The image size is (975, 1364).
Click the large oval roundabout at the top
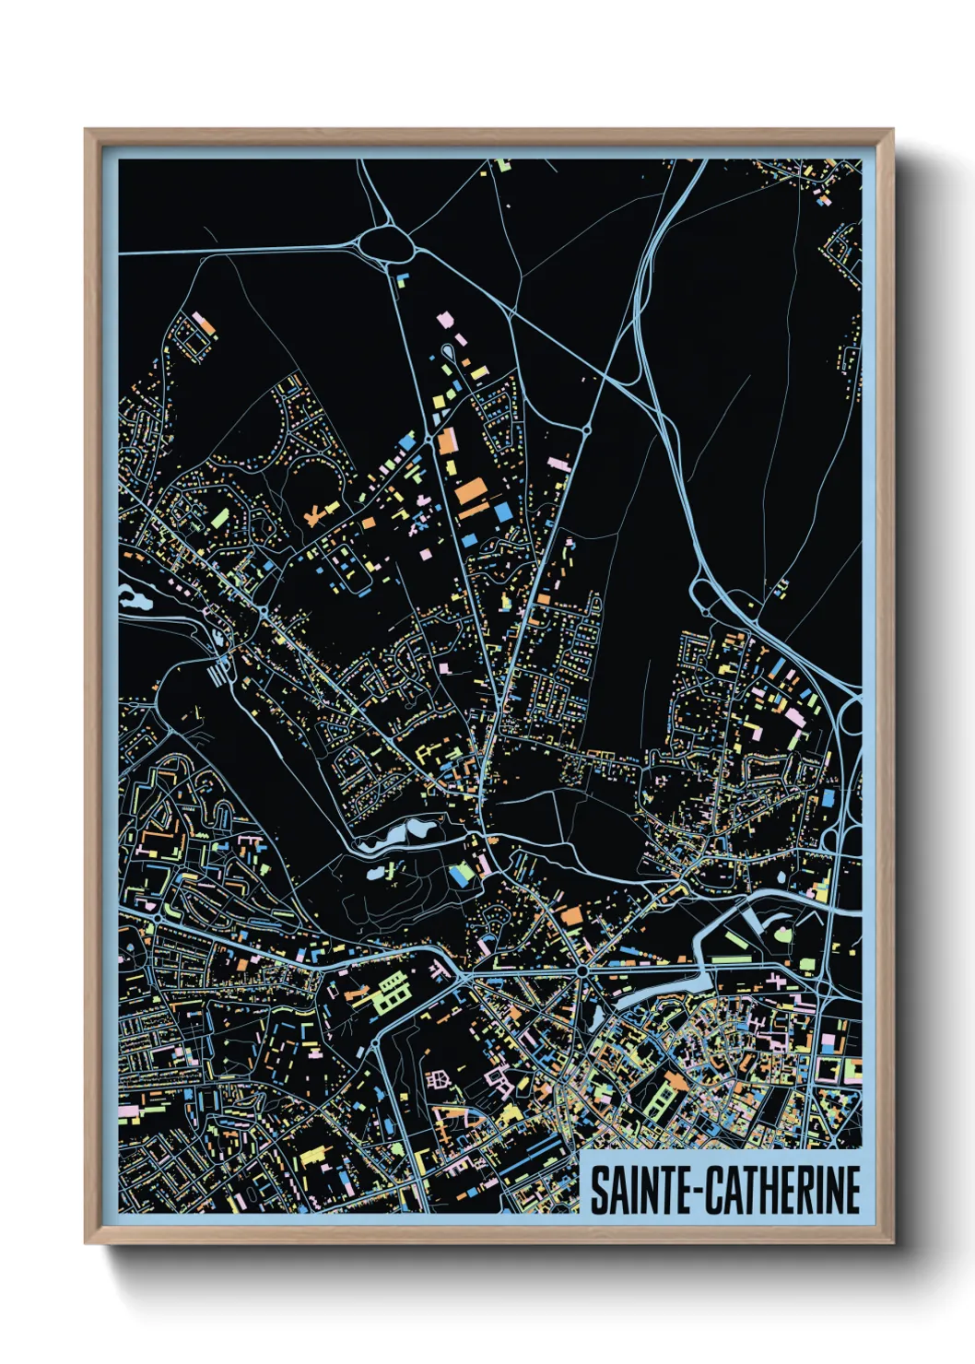(388, 244)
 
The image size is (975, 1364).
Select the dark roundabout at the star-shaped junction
(582, 970)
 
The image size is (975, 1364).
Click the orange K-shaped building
(317, 512)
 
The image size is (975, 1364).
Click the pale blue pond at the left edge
(135, 599)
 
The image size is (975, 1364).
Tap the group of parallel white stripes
(217, 675)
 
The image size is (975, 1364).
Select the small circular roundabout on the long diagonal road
(585, 429)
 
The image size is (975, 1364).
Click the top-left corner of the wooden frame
(87, 131)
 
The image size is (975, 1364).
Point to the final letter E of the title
(852, 1190)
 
